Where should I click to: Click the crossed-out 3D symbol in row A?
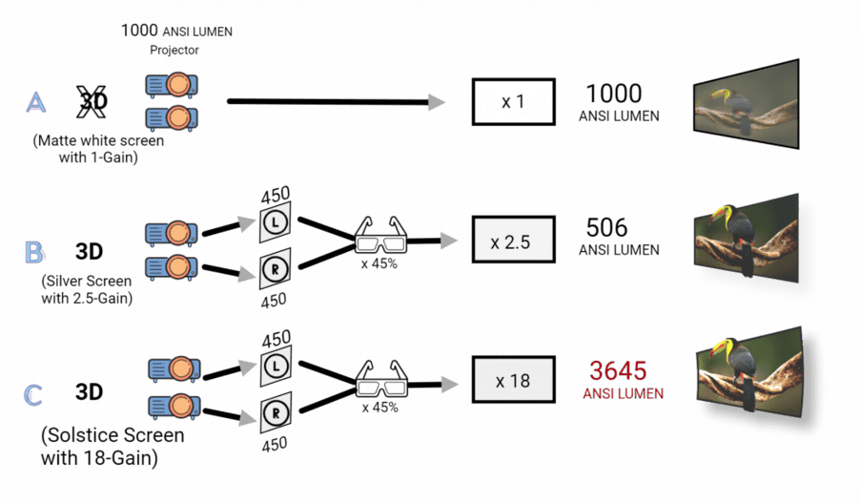pos(92,102)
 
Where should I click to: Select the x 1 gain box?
pos(513,102)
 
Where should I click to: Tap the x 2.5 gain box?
pos(513,240)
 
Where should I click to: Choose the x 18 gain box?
pos(513,380)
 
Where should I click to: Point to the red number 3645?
pos(618,370)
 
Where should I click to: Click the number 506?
pos(606,227)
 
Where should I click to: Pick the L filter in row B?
pos(276,222)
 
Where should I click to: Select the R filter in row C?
pos(276,412)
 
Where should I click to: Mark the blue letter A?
pos(35,102)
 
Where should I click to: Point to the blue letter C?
pos(33,394)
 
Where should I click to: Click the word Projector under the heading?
pos(174,50)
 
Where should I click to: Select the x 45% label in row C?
pos(380,408)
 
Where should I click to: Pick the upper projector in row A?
pos(172,85)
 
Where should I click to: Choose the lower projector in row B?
pos(172,267)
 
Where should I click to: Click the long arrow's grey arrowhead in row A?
pos(437,102)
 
